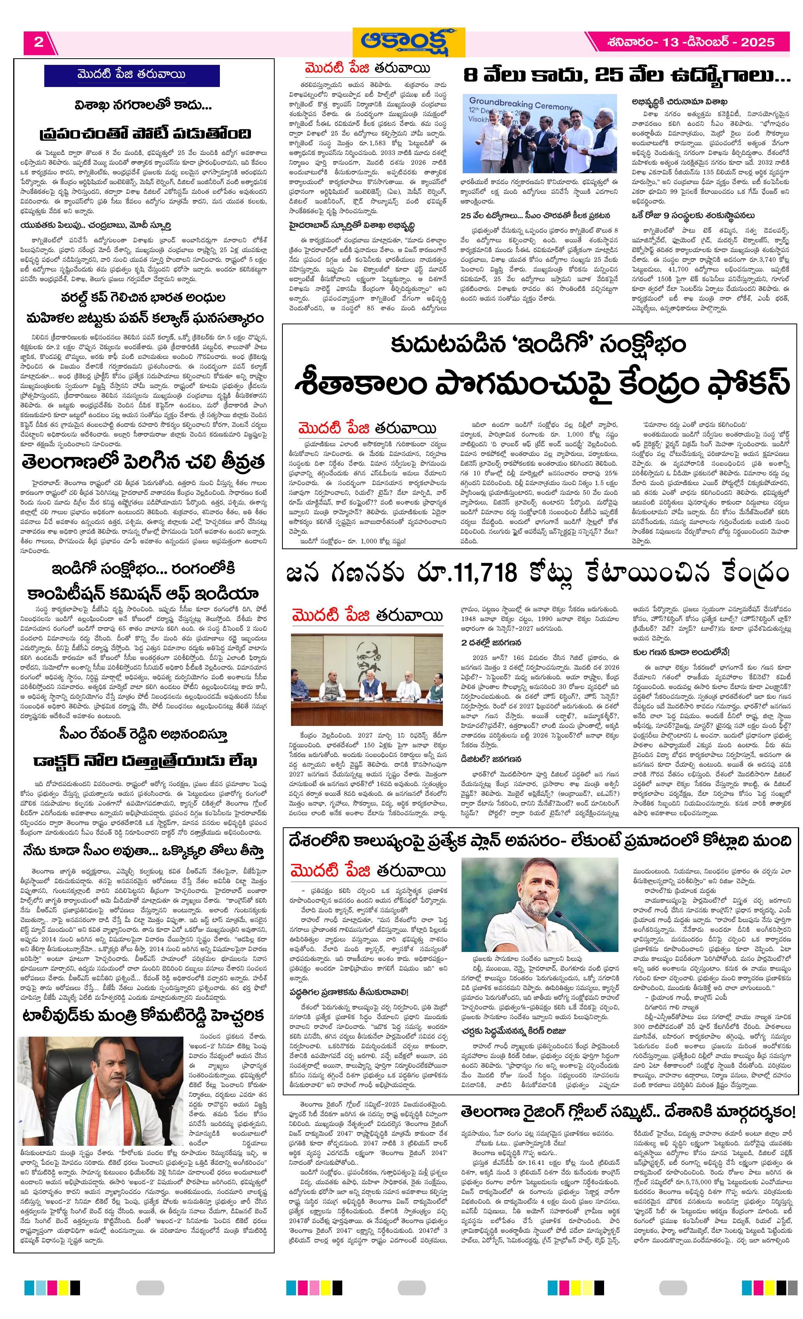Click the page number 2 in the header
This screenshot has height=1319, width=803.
pyautogui.click(x=38, y=42)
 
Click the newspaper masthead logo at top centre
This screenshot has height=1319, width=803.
pyautogui.click(x=409, y=42)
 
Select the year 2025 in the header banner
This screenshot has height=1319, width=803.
pyautogui.click(x=757, y=42)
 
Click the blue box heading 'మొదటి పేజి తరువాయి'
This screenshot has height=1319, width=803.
pyautogui.click(x=132, y=75)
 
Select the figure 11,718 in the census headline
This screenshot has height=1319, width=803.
pyautogui.click(x=482, y=573)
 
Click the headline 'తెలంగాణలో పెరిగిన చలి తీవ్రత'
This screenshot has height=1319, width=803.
pyautogui.click(x=143, y=462)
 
